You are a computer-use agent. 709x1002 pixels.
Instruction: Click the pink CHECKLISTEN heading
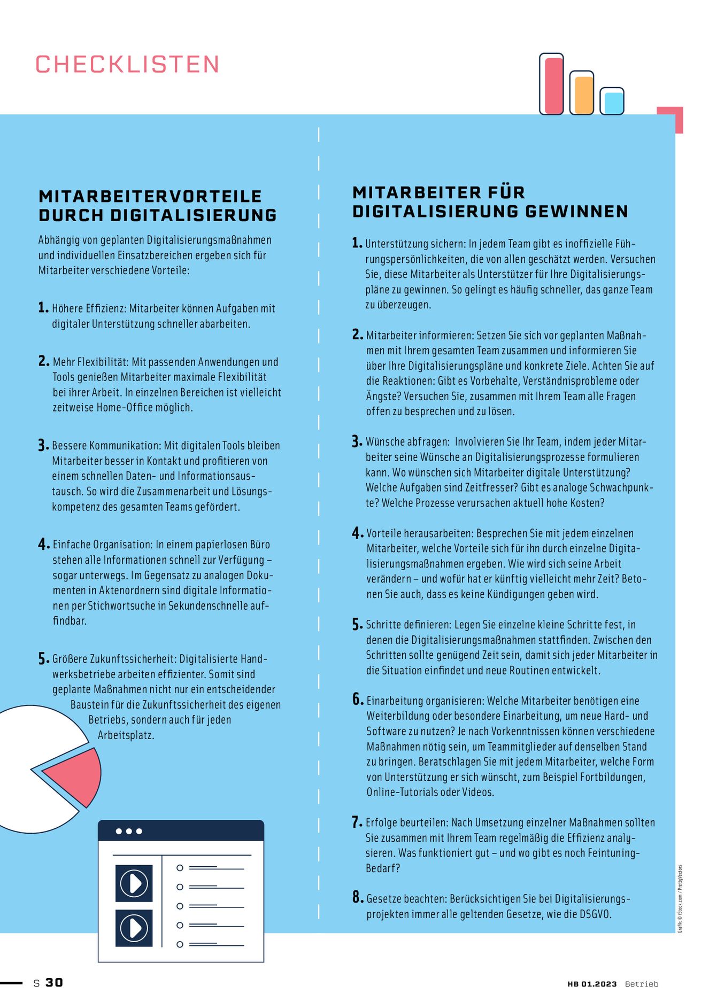coord(127,65)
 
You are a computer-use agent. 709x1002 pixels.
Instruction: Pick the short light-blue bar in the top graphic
coord(613,103)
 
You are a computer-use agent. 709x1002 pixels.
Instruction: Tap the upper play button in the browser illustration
coord(134,883)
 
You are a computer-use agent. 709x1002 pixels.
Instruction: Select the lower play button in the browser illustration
coord(134,928)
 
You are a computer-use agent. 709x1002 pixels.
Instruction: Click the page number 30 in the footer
coord(54,983)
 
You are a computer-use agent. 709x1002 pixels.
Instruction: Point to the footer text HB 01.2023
coord(592,984)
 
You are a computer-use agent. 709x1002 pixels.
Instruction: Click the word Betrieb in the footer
coord(642,984)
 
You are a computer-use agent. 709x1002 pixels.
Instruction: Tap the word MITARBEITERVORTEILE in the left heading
coord(150,196)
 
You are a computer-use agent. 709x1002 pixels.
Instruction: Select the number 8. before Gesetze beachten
coord(358,897)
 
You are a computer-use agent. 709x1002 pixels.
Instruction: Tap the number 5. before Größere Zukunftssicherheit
coord(43,659)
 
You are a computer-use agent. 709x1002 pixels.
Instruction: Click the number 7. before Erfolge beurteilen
coord(357,822)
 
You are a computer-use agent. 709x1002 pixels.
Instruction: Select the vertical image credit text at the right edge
coord(680,898)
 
